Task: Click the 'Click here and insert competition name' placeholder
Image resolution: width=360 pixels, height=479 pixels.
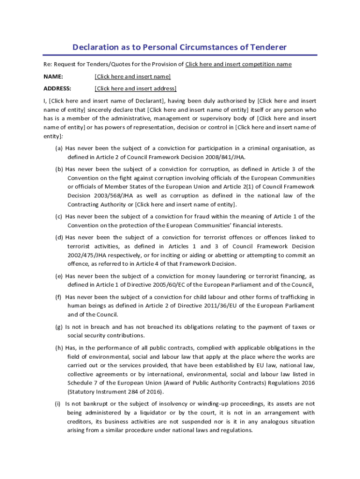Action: (x=238, y=64)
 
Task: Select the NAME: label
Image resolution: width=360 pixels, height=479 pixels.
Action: (x=53, y=76)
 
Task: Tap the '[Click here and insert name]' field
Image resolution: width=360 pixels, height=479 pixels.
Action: (x=133, y=76)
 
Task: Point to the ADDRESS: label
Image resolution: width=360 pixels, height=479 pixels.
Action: (x=58, y=88)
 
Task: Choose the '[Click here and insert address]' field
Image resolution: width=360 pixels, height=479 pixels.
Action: (x=136, y=88)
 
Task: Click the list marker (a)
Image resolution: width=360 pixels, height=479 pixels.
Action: (x=59, y=148)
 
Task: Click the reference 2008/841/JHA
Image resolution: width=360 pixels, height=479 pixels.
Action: (x=224, y=157)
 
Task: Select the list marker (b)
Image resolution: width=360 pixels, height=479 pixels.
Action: (x=59, y=169)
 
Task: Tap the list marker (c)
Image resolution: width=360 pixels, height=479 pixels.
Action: (x=59, y=217)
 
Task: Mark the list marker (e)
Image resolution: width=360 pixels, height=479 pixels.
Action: (x=59, y=276)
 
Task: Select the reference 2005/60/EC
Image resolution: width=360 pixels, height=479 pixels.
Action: (x=178, y=285)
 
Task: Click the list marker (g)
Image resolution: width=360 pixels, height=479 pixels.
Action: (x=59, y=327)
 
